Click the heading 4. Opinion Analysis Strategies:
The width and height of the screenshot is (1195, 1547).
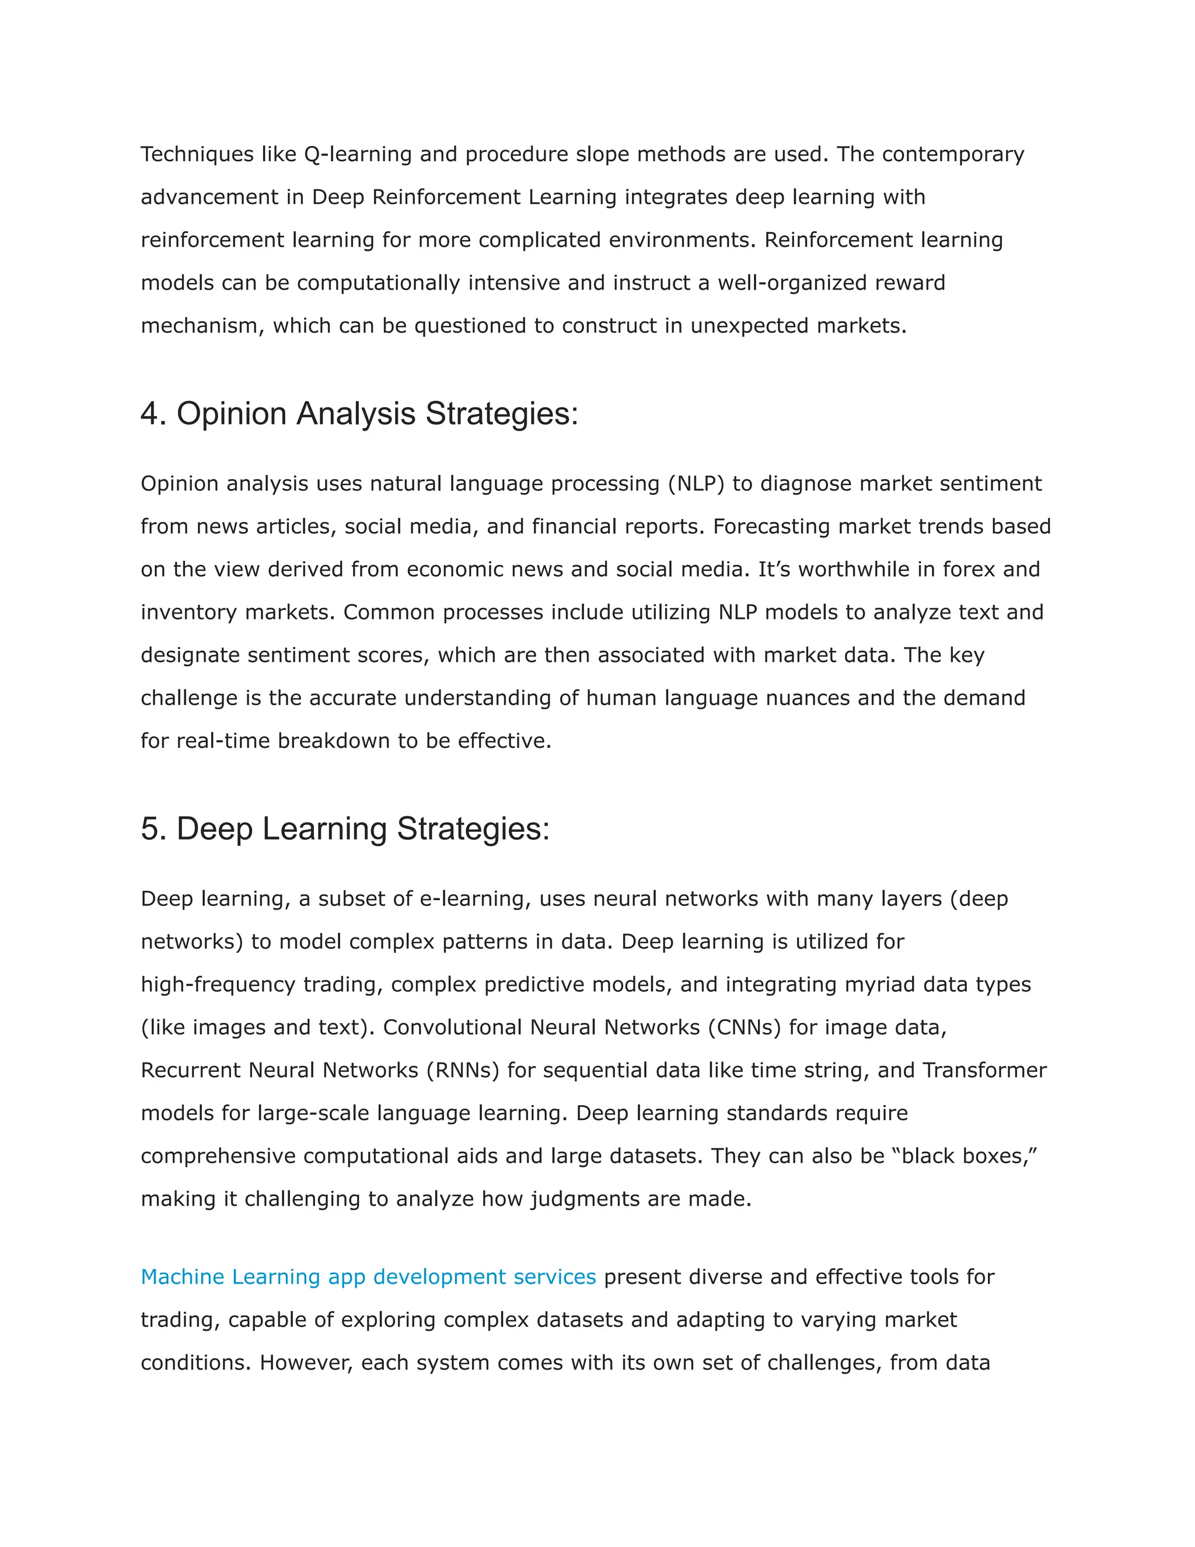pyautogui.click(x=359, y=414)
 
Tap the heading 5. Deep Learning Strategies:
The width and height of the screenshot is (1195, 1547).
pyautogui.click(x=345, y=829)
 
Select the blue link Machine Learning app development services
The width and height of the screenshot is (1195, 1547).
pyautogui.click(x=368, y=1277)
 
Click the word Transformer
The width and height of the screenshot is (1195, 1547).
pyautogui.click(x=984, y=1070)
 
